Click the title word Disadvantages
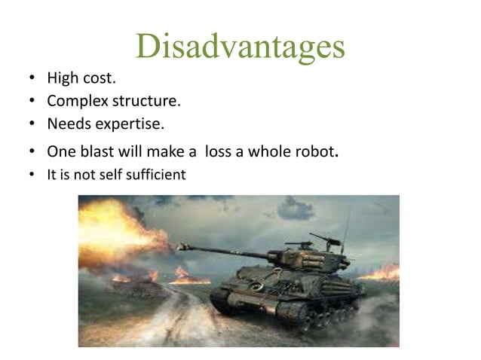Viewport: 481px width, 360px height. (240, 46)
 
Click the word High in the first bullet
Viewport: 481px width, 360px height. (62, 78)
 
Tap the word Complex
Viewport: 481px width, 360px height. (75, 101)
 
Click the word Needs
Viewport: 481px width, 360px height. (67, 123)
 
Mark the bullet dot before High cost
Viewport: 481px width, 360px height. (31, 78)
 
